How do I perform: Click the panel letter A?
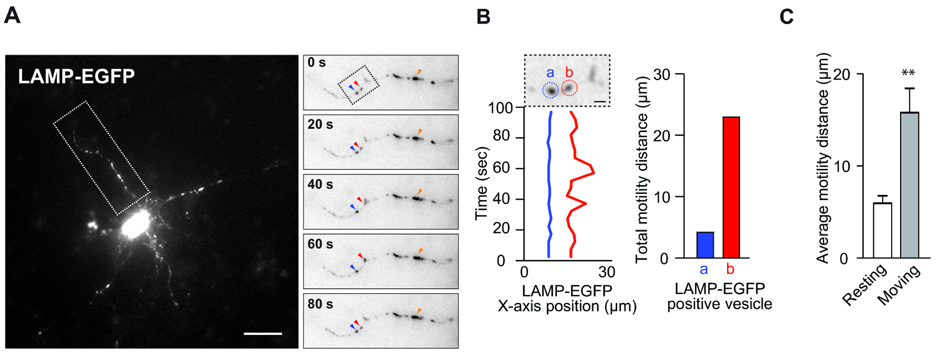(12, 16)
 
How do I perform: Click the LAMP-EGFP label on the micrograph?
(76, 77)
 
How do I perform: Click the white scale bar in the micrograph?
(262, 333)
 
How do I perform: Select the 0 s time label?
(316, 63)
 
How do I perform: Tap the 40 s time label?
(320, 184)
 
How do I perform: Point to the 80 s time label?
(320, 304)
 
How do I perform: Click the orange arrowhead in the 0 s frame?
(419, 71)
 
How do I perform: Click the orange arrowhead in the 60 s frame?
(420, 251)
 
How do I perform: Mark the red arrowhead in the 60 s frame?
(360, 255)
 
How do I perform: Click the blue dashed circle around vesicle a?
(550, 91)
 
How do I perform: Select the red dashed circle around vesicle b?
(569, 88)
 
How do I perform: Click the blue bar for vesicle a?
(705, 245)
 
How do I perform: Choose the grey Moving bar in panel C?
(909, 186)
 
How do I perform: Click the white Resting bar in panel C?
(882, 231)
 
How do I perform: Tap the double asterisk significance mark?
(908, 73)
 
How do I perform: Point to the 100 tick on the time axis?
(500, 108)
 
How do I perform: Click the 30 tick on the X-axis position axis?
(607, 272)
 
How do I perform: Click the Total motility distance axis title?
(642, 169)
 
